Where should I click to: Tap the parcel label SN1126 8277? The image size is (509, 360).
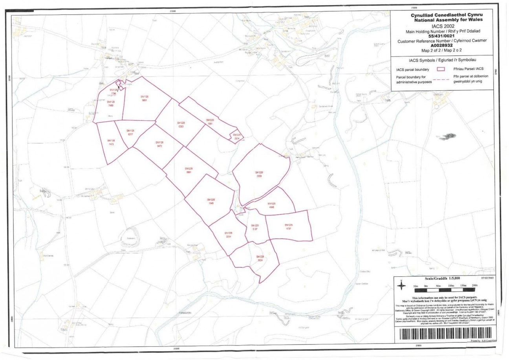130,132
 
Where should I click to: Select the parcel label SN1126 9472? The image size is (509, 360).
159,144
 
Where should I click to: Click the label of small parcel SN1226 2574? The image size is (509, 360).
236,136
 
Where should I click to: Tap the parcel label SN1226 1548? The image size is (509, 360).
211,201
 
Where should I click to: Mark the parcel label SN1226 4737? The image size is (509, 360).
289,226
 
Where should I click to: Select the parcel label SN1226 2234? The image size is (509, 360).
229,235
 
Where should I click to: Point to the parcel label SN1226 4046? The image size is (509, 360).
271,205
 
